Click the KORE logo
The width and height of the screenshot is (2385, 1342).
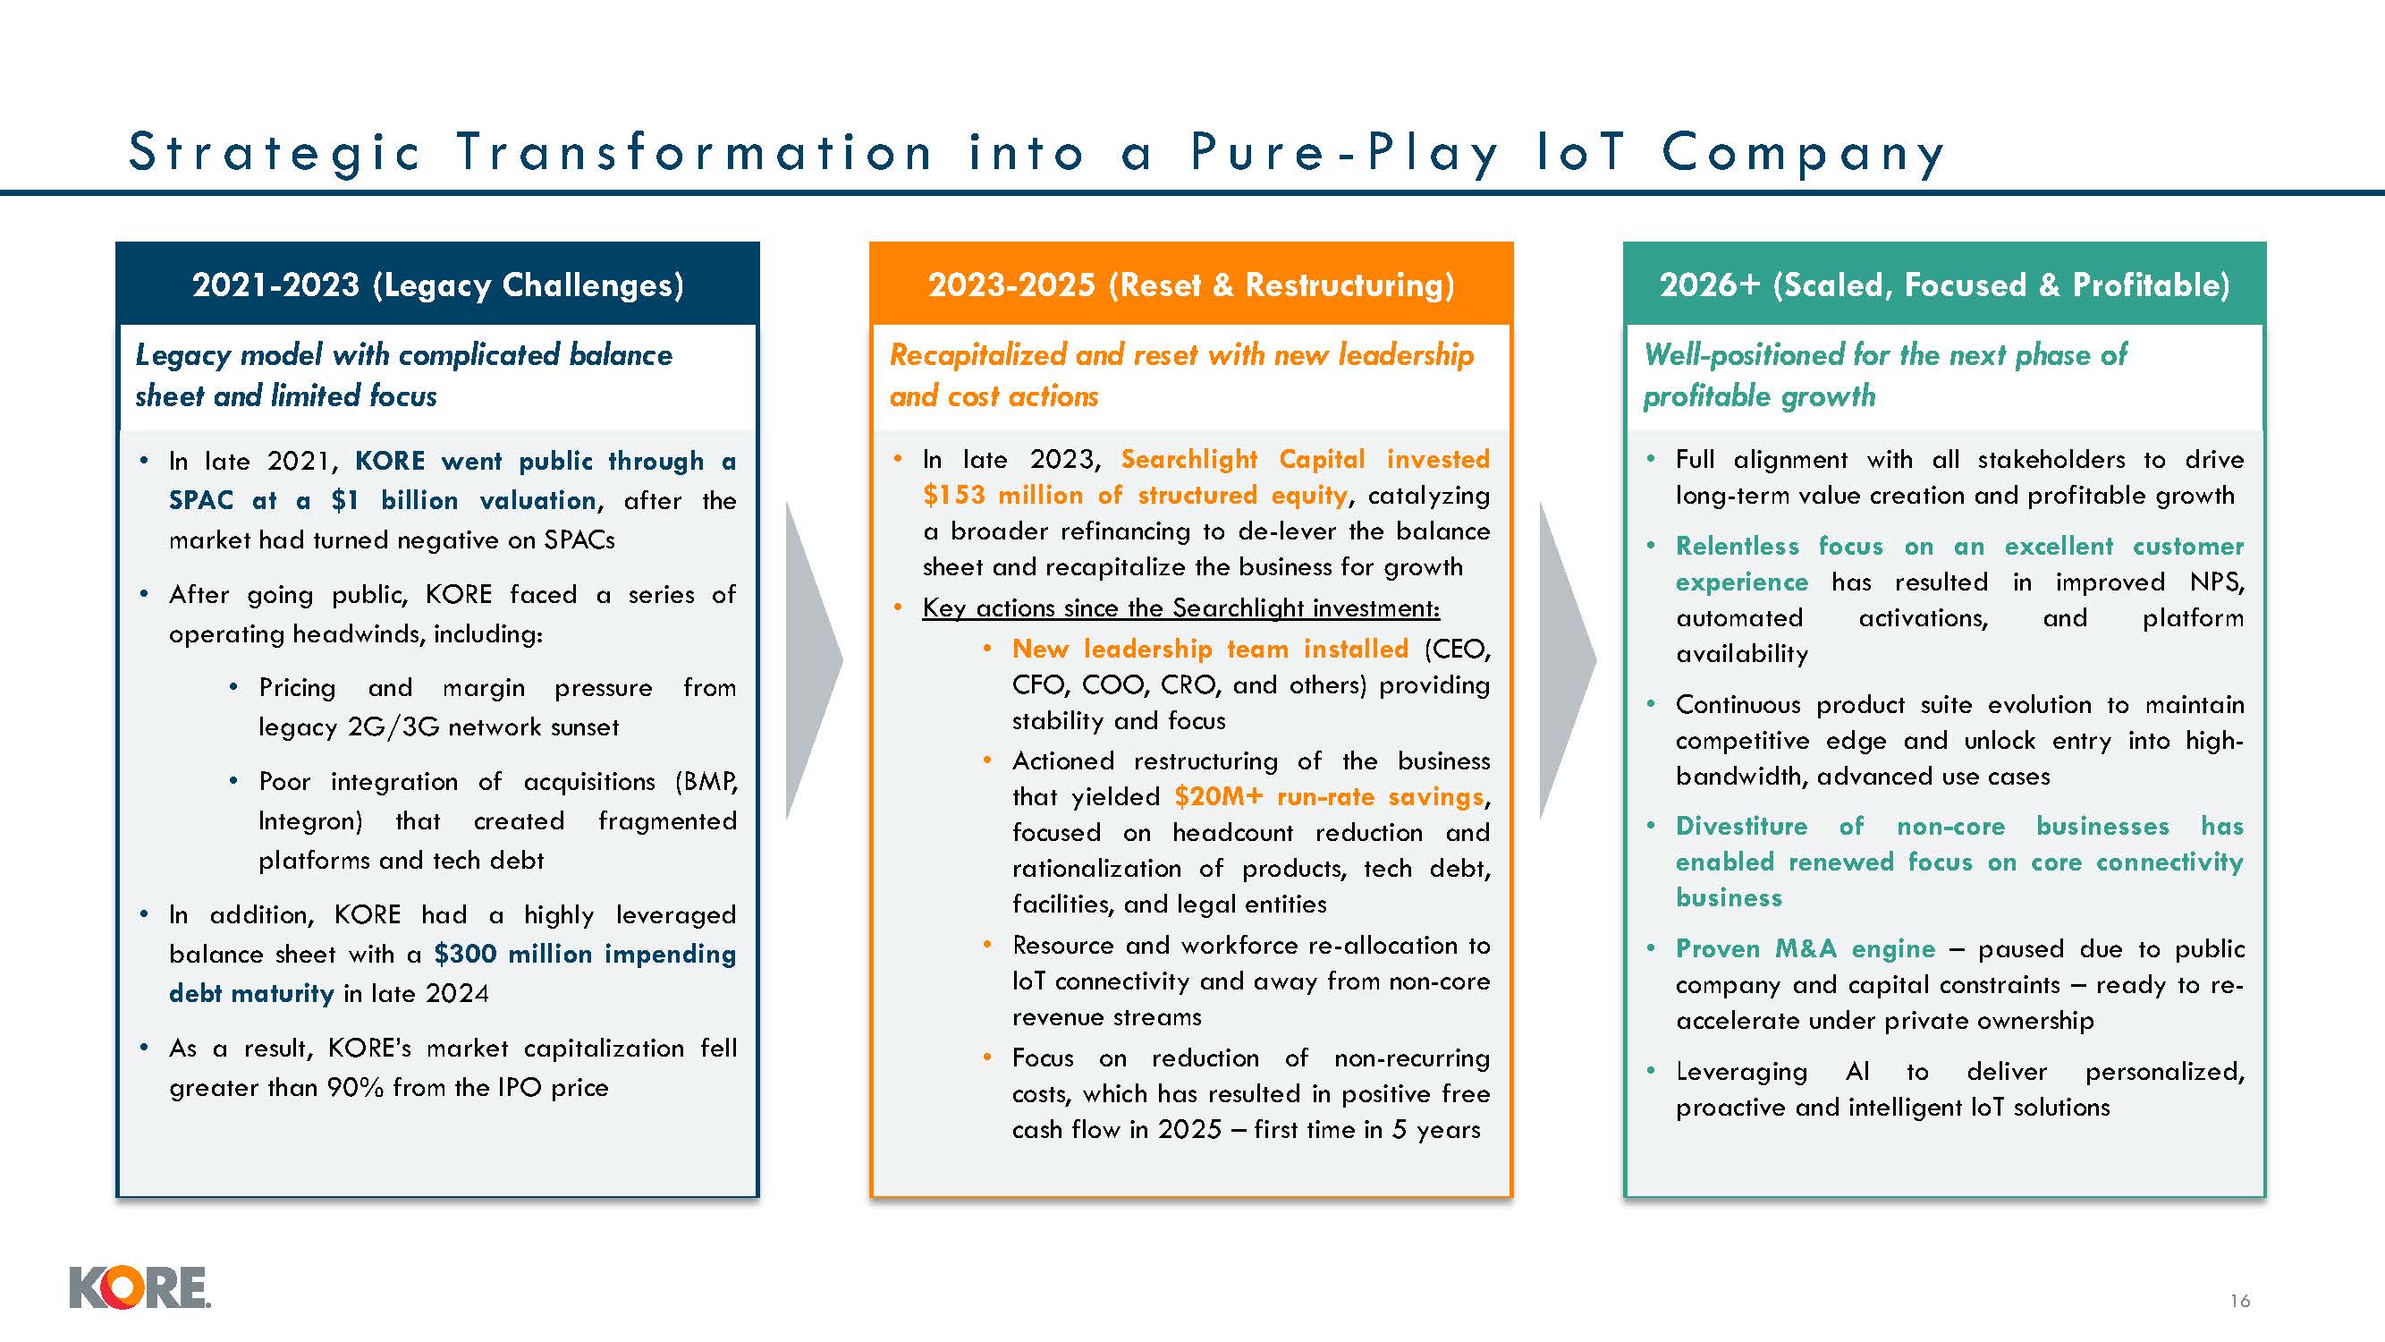pos(140,1287)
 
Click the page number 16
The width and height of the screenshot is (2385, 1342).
pos(2239,1300)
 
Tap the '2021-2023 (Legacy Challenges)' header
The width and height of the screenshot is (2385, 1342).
pos(438,285)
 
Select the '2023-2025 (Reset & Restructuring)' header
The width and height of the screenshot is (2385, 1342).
pos(1190,285)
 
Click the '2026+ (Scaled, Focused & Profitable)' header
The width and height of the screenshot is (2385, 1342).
pos(1944,285)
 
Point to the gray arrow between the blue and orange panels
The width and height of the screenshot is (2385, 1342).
pos(814,660)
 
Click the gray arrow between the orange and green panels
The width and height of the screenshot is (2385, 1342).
pos(1568,660)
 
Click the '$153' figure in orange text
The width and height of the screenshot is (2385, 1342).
pos(953,495)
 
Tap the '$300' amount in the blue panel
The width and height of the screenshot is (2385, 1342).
pos(466,953)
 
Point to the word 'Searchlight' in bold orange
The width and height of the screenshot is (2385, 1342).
pos(1188,459)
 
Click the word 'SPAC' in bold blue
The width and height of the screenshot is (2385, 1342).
pos(201,500)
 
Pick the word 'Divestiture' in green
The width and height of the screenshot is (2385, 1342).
pos(1741,826)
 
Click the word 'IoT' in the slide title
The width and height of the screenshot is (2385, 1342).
pos(1579,151)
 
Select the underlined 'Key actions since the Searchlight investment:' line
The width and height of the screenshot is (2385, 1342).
pos(1181,607)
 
